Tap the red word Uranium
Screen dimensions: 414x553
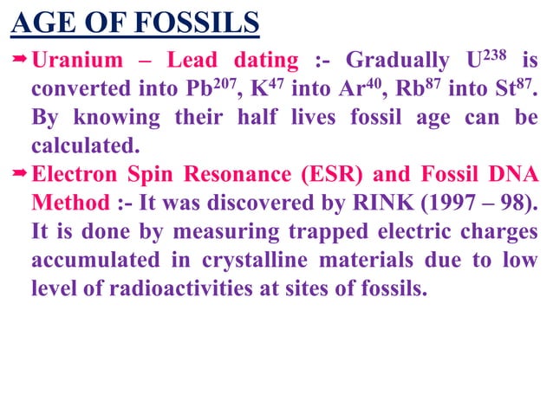click(x=74, y=61)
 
